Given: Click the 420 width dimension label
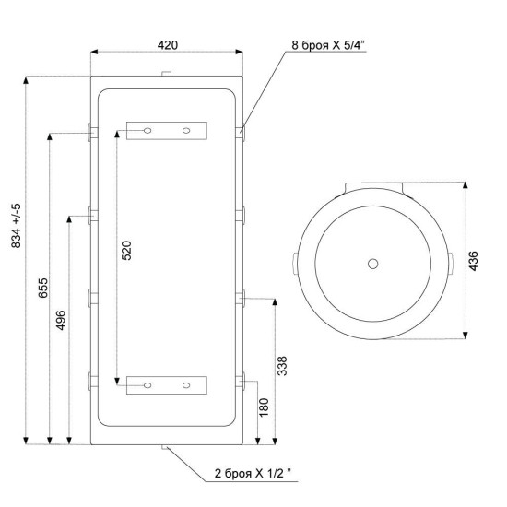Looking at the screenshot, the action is click(x=168, y=45).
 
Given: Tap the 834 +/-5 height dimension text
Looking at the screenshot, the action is click(x=16, y=226).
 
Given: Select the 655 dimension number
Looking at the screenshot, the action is click(x=42, y=288).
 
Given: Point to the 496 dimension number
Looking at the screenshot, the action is click(x=61, y=320).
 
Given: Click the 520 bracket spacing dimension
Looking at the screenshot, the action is click(x=126, y=250).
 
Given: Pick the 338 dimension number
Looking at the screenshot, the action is click(x=282, y=366).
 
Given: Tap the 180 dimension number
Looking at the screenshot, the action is click(x=264, y=407).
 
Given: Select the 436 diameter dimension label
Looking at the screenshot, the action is click(x=473, y=261).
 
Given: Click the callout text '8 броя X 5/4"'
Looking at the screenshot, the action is click(x=328, y=45).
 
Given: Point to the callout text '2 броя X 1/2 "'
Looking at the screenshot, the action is click(x=253, y=474).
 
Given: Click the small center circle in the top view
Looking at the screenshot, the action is click(x=372, y=264).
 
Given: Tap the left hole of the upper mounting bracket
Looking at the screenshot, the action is click(x=147, y=131).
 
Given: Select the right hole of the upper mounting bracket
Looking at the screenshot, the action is click(x=186, y=131).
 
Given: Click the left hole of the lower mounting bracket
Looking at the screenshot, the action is click(x=147, y=385).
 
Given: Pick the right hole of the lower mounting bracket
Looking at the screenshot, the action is click(x=186, y=385).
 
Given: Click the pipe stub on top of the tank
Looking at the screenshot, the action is click(x=166, y=74).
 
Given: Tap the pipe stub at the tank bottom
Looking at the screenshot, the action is click(x=166, y=447).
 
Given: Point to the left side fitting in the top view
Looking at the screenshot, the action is click(x=295, y=264).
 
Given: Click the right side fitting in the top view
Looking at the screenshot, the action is click(x=451, y=264).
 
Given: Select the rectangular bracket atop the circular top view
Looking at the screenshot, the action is click(x=373, y=186).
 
